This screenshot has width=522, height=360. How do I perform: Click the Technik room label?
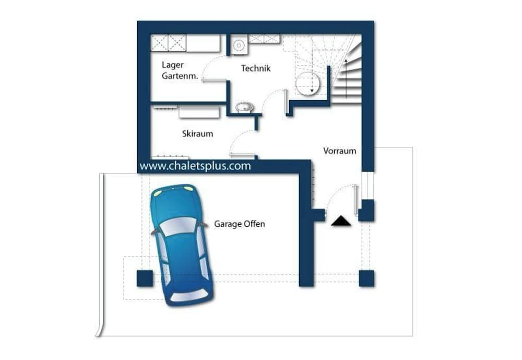pos(256,68)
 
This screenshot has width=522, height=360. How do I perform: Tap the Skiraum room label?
pos(197,134)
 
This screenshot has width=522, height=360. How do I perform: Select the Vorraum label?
pos(339,151)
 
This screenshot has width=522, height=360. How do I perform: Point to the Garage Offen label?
pos(240,224)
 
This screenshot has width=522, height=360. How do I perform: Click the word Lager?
pos(172,65)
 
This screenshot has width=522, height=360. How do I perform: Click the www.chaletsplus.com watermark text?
pos(195,167)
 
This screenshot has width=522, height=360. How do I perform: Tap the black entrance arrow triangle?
pos(341,221)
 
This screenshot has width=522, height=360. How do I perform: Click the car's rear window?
pos(189,296)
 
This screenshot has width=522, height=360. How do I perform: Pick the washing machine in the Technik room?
pos(239,44)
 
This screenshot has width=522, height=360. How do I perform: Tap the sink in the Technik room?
pos(244,108)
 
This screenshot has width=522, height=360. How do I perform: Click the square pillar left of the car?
pos(145,278)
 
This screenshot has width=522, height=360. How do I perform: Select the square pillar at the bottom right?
pos(366,278)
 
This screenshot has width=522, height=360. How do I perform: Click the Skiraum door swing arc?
pos(240,142)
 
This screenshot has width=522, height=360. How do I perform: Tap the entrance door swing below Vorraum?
pos(339,199)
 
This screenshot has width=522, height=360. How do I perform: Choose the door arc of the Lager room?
pos(213,68)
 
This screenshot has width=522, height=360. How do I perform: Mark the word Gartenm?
pos(180,76)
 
